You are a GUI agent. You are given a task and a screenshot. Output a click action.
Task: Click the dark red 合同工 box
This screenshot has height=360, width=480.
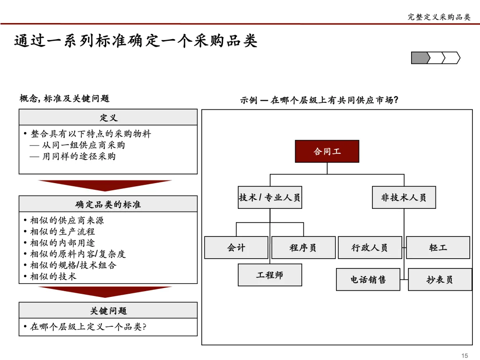(327, 152)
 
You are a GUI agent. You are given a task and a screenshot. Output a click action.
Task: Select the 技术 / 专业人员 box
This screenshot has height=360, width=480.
(270, 197)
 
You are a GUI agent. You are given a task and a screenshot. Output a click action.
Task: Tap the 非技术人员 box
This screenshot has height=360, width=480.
(404, 197)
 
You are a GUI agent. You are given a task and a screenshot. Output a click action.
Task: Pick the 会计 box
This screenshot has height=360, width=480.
(236, 248)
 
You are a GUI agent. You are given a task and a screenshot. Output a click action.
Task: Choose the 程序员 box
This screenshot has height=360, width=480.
(303, 248)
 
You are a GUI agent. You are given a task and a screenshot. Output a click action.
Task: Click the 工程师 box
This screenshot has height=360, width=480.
(270, 275)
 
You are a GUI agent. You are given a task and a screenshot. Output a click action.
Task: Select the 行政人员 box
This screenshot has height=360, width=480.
(370, 248)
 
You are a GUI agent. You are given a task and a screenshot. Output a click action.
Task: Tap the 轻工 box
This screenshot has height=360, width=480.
(438, 248)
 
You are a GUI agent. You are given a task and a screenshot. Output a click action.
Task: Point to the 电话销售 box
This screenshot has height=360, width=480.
(368, 280)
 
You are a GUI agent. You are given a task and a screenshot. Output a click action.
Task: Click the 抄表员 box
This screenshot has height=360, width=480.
(440, 280)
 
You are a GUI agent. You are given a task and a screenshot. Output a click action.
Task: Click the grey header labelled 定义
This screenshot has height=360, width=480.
(108, 117)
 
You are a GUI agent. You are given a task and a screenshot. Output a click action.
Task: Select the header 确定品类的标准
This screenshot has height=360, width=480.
(108, 204)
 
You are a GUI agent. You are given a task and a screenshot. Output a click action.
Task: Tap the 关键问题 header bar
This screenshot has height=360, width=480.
(108, 310)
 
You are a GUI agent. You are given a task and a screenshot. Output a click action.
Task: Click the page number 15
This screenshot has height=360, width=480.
(465, 355)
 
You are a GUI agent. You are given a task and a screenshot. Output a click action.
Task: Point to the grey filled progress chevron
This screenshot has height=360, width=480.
(420, 58)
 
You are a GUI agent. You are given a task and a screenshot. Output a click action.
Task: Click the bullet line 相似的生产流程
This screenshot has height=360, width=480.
(62, 232)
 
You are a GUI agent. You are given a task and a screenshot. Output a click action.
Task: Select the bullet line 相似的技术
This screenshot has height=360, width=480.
(53, 276)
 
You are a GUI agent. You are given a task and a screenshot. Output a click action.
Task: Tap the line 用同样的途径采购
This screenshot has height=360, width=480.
(73, 156)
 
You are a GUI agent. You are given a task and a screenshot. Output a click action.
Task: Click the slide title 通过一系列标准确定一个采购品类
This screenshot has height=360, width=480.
(136, 41)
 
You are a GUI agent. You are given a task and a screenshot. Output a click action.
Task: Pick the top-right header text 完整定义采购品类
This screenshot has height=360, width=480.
(439, 17)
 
